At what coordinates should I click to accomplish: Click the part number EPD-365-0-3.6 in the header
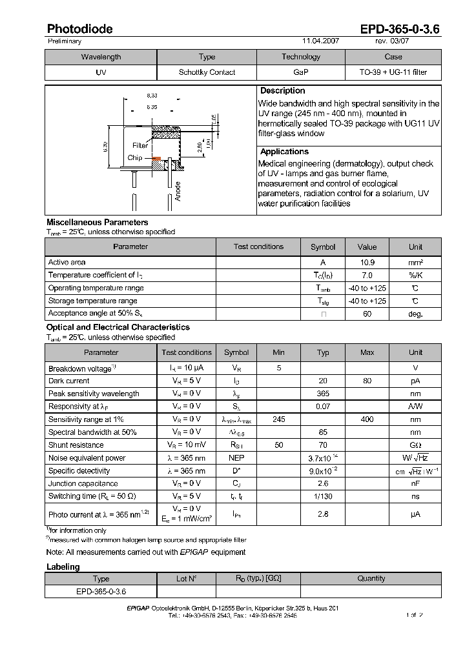400,29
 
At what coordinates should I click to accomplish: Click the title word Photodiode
79,29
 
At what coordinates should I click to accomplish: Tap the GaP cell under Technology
300,72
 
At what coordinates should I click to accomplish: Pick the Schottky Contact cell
207,72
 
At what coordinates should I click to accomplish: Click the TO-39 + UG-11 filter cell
393,72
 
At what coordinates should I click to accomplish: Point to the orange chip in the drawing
155,158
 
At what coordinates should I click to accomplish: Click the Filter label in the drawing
140,146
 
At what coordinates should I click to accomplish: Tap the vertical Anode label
178,191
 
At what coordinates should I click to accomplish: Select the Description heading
282,91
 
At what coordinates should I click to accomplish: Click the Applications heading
284,152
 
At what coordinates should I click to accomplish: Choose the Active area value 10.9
367,263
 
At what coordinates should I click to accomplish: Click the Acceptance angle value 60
367,314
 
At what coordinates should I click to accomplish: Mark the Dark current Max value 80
367,381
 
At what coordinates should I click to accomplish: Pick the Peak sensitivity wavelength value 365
323,394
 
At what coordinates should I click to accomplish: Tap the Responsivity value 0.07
323,407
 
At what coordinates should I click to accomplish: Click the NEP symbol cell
236,458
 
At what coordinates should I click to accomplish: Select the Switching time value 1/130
323,496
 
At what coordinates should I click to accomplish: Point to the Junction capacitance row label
83,483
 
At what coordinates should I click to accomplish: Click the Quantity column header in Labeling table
371,579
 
